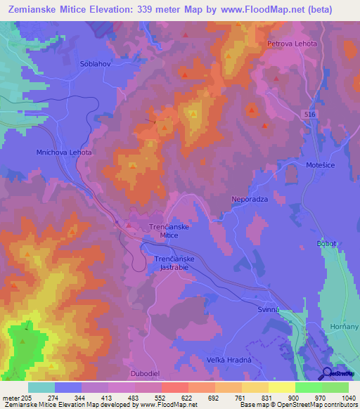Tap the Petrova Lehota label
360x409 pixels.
(x=292, y=44)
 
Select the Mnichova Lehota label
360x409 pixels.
(x=64, y=152)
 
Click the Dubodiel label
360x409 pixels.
(x=146, y=374)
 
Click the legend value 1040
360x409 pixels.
(x=347, y=398)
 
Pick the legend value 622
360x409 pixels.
(x=187, y=398)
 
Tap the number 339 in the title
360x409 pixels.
(x=156, y=9)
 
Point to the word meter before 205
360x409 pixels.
(x=10, y=398)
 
